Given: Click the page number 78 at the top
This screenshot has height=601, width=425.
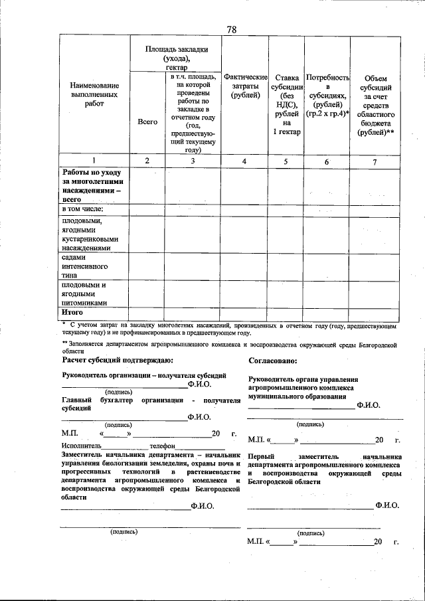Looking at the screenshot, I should pos(232,29).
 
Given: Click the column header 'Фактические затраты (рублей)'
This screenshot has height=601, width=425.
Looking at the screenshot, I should pos(244,87).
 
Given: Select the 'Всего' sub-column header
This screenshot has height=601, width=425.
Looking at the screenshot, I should pos(147,122).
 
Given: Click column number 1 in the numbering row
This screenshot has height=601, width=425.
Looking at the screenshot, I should pos(94,161).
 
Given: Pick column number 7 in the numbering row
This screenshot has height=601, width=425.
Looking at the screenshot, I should pos(375,161).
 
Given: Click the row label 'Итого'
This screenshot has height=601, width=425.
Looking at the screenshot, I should pos(72,311).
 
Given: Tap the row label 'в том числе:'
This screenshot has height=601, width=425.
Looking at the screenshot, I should pos(82,210).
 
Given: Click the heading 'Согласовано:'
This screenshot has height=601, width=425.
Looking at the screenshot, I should pos(272,360).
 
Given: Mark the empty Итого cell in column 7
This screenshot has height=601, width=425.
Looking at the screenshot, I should pos(375,311).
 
